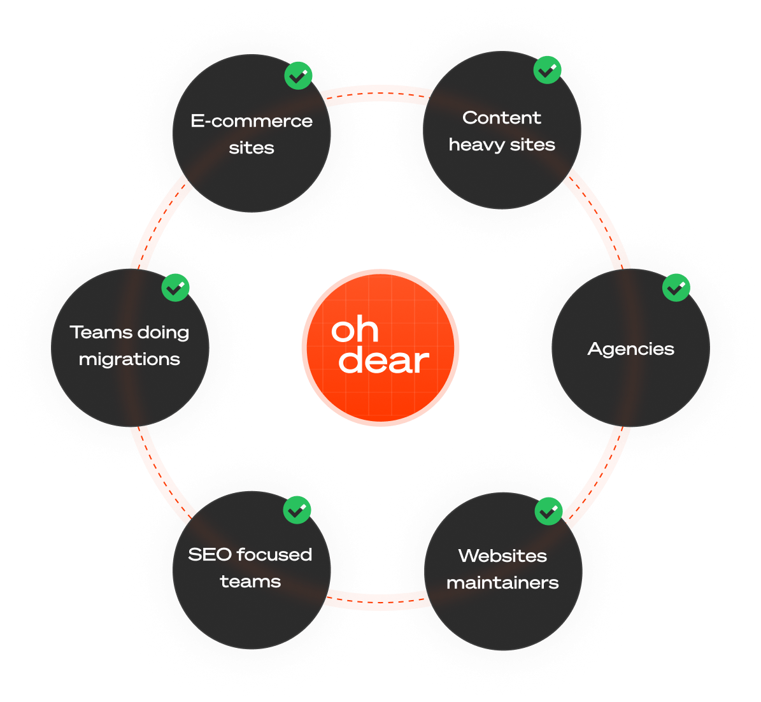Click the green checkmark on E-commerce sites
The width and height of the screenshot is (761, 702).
pos(297,76)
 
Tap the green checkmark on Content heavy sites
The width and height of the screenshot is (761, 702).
pos(547,70)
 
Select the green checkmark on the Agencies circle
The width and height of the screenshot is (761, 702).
pos(676,288)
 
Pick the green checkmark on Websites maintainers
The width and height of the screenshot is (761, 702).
pos(548,511)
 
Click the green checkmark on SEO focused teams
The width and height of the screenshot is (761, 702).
pos(297,510)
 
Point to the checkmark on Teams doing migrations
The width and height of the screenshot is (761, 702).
pos(175,288)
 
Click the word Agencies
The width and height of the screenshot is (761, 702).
pos(630,349)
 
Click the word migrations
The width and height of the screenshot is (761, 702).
pos(129,360)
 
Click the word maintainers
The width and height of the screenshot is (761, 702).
pos(502,583)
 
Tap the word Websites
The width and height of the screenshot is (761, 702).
pos(502,555)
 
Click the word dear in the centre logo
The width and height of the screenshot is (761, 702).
pos(383,361)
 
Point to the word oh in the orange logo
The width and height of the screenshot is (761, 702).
pos(355,329)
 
